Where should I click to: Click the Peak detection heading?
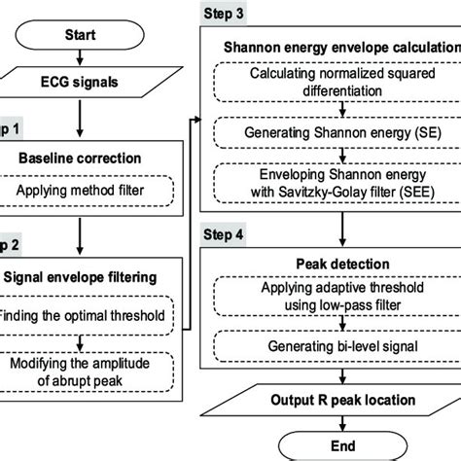335,264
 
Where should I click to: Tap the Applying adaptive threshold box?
335,301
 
